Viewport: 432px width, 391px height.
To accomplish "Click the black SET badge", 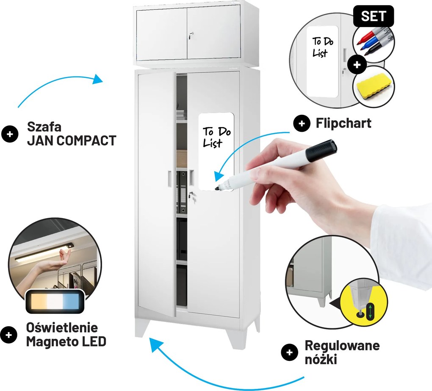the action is click(x=373, y=16).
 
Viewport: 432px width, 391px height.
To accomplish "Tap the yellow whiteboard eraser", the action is click(x=373, y=86).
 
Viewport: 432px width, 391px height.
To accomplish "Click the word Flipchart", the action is click(x=343, y=123).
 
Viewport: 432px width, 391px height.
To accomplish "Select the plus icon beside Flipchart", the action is click(x=302, y=123).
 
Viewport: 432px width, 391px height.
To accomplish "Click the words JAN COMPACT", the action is click(x=72, y=141).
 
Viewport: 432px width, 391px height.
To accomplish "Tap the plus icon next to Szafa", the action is click(x=10, y=134).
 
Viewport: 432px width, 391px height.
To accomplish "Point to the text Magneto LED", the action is click(x=66, y=342).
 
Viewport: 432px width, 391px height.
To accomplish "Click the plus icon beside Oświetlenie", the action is click(x=9, y=335).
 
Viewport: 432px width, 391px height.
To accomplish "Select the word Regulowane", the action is click(x=342, y=346).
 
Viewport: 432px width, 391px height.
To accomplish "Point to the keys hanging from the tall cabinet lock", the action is click(x=193, y=197).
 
